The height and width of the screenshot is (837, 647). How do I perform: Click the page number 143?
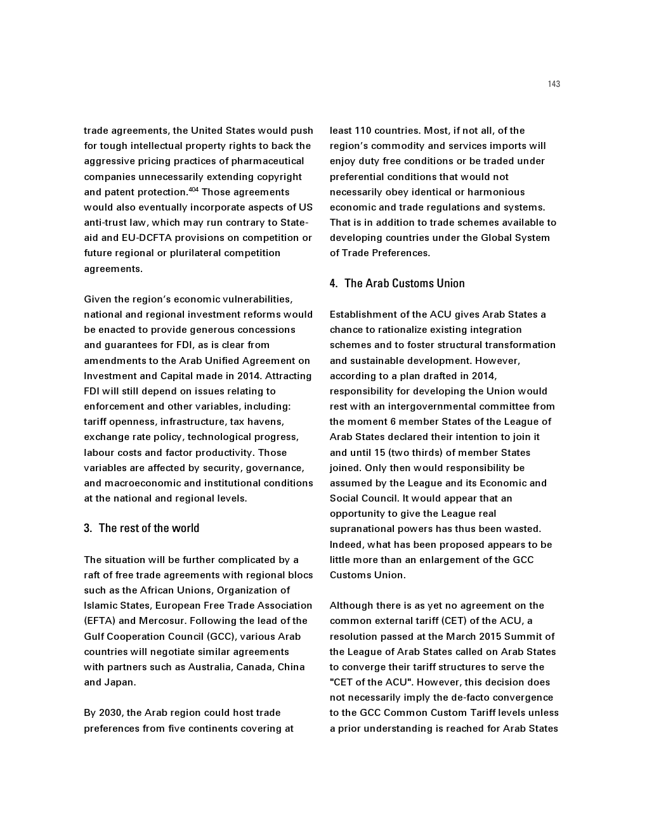tap(554, 84)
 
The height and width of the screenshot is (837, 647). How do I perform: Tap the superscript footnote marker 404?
tap(193, 189)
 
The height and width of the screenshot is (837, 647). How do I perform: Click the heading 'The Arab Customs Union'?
tap(404, 283)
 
